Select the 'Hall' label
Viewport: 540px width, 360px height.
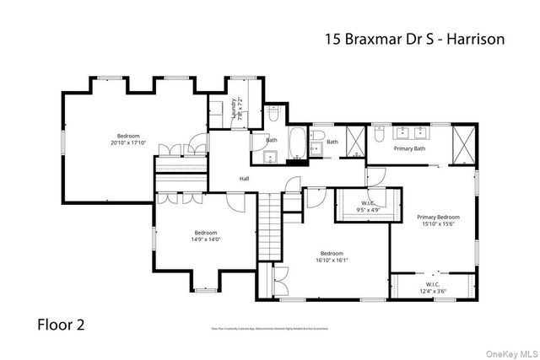tap(244, 179)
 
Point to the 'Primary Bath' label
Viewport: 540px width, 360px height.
tap(409, 149)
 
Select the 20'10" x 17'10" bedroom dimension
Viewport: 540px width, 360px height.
tap(128, 142)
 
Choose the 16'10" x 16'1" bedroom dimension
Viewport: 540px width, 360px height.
tap(332, 260)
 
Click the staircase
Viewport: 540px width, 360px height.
tap(268, 227)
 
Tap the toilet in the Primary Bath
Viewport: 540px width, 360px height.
tap(379, 134)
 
